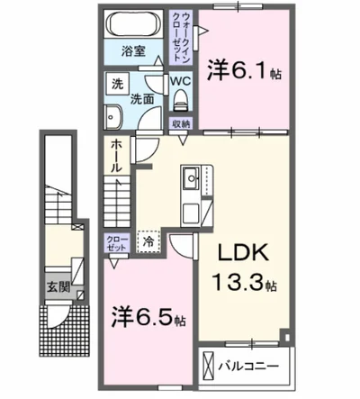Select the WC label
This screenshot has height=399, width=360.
tap(180, 80)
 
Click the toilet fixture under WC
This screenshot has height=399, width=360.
tap(180, 96)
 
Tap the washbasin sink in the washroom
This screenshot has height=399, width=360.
tap(114, 116)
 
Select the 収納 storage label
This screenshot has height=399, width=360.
tap(180, 124)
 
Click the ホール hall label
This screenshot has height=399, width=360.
tap(119, 157)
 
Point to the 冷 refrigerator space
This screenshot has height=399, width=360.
tap(146, 240)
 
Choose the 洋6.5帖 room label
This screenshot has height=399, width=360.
tap(148, 317)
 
